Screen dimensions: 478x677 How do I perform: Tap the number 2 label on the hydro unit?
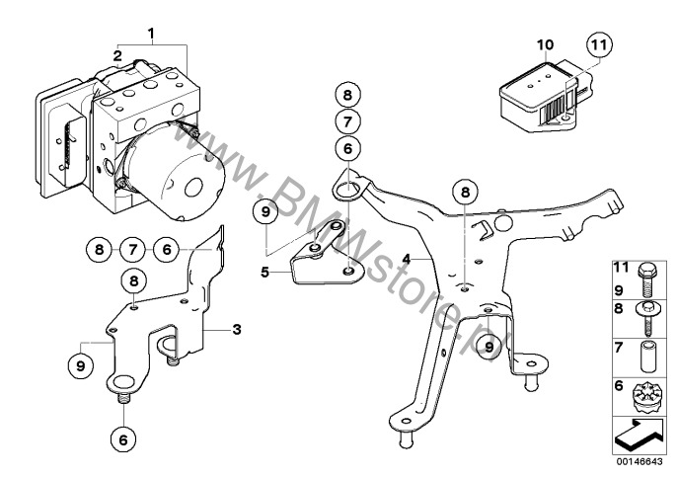(x=116, y=56)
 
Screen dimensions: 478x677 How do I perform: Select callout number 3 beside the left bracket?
(x=236, y=328)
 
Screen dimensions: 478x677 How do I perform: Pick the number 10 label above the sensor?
(x=542, y=45)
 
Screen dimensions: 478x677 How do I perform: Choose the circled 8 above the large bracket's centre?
(x=466, y=192)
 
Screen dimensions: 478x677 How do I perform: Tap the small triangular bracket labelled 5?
(x=322, y=256)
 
